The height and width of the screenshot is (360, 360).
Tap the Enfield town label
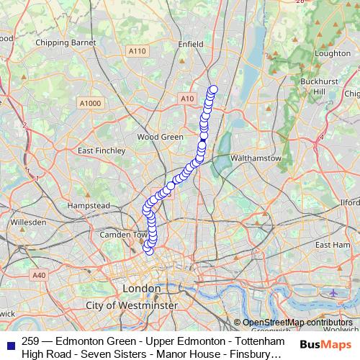point(191,44)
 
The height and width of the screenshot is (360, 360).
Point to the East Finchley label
point(101,150)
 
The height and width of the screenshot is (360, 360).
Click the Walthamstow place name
point(254,157)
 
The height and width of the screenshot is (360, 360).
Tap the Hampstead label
point(89,206)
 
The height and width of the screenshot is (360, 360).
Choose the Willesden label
point(28,222)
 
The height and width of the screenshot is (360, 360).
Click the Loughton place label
point(333,53)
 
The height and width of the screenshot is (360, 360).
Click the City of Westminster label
point(131,306)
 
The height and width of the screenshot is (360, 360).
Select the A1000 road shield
point(91,104)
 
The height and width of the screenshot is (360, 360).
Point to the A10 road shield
point(188,98)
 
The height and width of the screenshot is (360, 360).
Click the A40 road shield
point(39,275)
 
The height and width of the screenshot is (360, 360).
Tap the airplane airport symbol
point(333,293)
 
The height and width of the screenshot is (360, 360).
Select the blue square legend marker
point(10,346)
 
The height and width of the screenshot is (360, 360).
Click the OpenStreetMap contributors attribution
point(297,323)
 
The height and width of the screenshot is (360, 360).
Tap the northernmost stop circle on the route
point(213,90)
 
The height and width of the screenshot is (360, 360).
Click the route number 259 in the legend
point(30,341)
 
